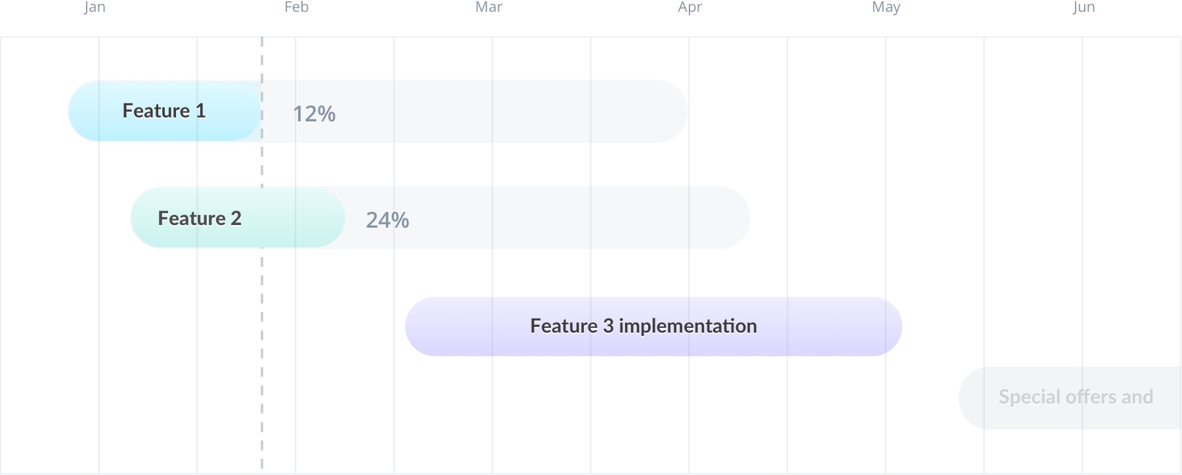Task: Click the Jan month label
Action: click(95, 7)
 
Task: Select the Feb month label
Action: click(296, 7)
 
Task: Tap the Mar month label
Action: click(489, 7)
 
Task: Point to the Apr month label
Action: click(690, 7)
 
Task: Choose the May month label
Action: click(886, 7)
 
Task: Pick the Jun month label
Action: click(1084, 7)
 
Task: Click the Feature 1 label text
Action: click(164, 111)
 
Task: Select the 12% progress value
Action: click(314, 114)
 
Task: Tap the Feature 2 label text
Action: click(200, 218)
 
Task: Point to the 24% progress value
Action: click(387, 220)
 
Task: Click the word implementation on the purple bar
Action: click(688, 326)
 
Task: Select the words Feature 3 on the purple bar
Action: click(571, 326)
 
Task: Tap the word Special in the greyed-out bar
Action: click(1029, 397)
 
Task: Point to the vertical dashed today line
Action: click(262, 253)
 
